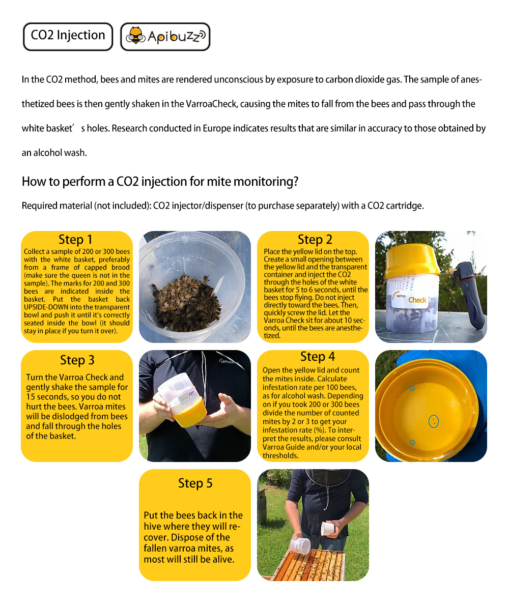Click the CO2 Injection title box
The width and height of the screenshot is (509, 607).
(x=68, y=36)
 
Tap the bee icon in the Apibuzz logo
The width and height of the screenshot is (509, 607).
(x=135, y=36)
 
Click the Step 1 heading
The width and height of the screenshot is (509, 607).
(x=76, y=240)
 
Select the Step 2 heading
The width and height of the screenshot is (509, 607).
(x=315, y=240)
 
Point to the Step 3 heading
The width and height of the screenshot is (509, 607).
(x=77, y=360)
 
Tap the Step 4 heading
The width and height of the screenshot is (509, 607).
(x=318, y=357)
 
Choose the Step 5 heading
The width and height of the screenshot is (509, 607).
(x=195, y=483)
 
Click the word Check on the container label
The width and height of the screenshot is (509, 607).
(x=417, y=300)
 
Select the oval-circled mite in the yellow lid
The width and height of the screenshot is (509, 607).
(x=433, y=421)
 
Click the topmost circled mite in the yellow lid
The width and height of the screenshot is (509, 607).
(x=412, y=388)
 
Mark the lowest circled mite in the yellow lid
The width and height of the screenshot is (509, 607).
(x=412, y=443)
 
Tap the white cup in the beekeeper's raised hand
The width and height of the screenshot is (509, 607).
(x=329, y=528)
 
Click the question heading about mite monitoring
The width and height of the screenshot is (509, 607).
(x=160, y=182)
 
